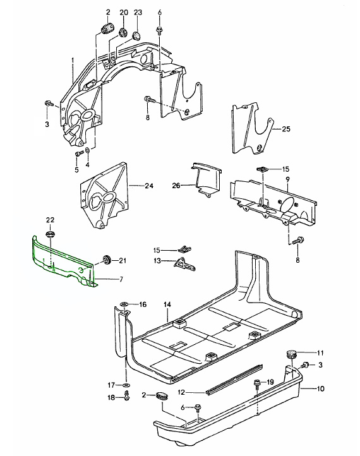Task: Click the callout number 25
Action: click(x=286, y=129)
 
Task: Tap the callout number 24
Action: click(x=149, y=186)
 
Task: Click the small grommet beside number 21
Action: click(x=106, y=259)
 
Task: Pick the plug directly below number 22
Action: click(x=51, y=234)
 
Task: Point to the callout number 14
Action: click(x=167, y=304)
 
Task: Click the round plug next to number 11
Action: click(x=291, y=354)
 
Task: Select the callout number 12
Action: click(x=181, y=392)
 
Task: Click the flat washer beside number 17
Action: click(x=126, y=385)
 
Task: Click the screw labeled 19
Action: click(x=258, y=383)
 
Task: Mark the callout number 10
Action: click(x=320, y=388)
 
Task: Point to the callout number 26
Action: click(x=176, y=185)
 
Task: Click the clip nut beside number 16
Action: click(x=124, y=304)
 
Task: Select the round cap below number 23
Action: click(x=136, y=36)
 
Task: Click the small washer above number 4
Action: click(x=87, y=151)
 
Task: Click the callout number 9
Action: click(x=287, y=179)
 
